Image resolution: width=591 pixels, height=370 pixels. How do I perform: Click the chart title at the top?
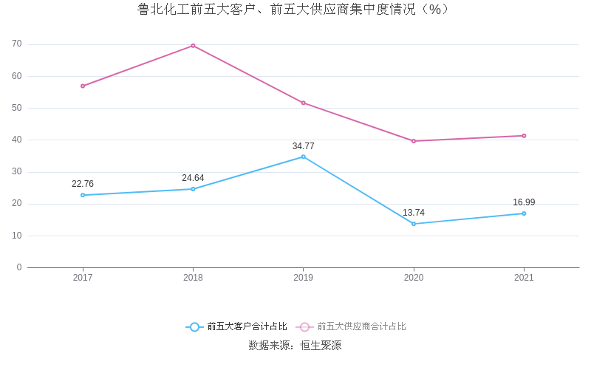click(x=295, y=10)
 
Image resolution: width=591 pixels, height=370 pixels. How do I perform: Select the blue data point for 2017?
click(x=83, y=195)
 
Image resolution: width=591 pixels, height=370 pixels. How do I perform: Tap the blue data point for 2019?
click(x=303, y=157)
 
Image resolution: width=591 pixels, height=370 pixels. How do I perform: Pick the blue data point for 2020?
click(x=414, y=224)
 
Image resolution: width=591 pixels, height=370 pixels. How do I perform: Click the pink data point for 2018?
click(x=193, y=46)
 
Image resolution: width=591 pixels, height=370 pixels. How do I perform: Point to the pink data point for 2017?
click(x=83, y=86)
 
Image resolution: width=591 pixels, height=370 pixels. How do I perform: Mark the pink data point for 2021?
click(x=524, y=136)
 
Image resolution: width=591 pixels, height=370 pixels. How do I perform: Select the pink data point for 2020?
click(x=414, y=141)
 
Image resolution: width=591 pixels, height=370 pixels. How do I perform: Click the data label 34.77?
click(x=303, y=146)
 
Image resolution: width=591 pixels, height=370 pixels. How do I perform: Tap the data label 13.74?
click(x=414, y=213)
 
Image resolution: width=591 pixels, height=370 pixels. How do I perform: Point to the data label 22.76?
click(x=83, y=184)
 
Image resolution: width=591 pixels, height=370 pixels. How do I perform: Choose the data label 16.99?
click(x=524, y=202)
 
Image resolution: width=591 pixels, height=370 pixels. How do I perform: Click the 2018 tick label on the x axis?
click(x=193, y=278)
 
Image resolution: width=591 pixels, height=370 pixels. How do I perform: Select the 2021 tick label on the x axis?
click(x=524, y=278)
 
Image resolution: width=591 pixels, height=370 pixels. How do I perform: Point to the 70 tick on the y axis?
click(x=17, y=44)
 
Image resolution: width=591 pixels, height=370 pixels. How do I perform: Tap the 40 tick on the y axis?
click(x=17, y=140)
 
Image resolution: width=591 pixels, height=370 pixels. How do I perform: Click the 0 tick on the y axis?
click(x=19, y=267)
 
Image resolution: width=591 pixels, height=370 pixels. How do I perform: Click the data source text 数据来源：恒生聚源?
click(x=295, y=346)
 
